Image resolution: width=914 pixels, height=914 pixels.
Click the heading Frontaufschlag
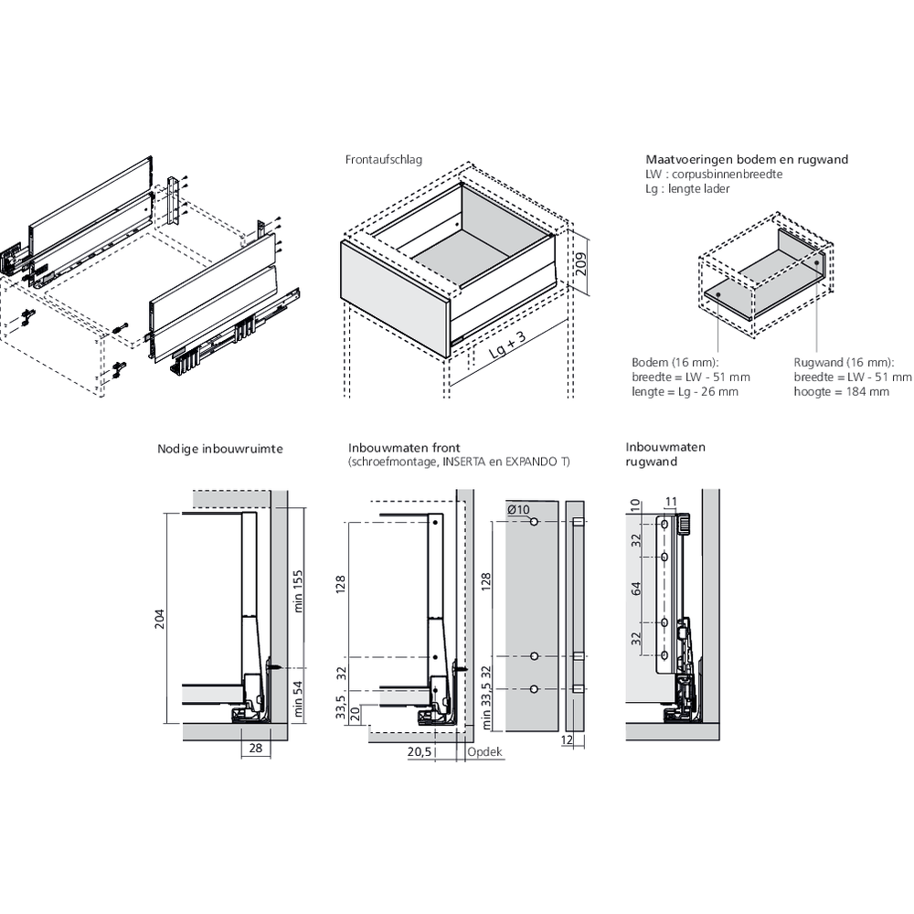[384, 159]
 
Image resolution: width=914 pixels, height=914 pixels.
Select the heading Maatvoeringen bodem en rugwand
[747, 159]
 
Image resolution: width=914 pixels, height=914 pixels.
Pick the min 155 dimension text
[297, 592]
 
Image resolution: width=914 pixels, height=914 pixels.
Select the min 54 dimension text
[297, 698]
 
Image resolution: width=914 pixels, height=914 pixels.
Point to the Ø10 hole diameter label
[518, 508]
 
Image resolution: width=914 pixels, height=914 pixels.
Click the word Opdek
[484, 751]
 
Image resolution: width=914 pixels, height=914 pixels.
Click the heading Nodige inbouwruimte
[220, 449]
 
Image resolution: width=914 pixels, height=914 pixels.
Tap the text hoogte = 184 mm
[841, 392]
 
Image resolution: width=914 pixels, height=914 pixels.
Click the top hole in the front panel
[535, 522]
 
